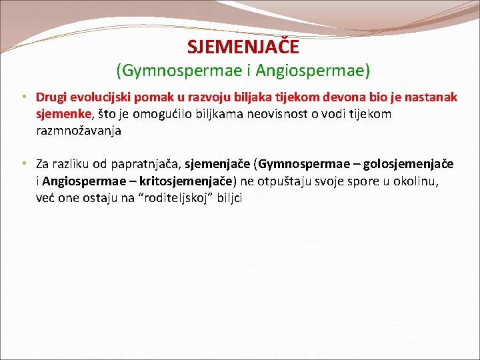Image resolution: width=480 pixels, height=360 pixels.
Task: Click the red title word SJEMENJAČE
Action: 243,47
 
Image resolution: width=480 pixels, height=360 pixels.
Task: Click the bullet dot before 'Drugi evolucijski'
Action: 25,97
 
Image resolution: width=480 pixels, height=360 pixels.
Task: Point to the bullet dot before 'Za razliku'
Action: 25,164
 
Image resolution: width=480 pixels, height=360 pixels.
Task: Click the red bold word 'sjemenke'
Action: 64,114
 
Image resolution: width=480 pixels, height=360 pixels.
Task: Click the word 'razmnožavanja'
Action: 79,131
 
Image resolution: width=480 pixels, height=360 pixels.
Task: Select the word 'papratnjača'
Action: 146,165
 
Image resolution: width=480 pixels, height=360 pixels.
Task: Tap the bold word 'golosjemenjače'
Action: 408,165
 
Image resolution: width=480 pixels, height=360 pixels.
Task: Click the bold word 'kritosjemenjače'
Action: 186,181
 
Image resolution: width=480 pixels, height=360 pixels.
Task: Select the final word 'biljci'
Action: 229,198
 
